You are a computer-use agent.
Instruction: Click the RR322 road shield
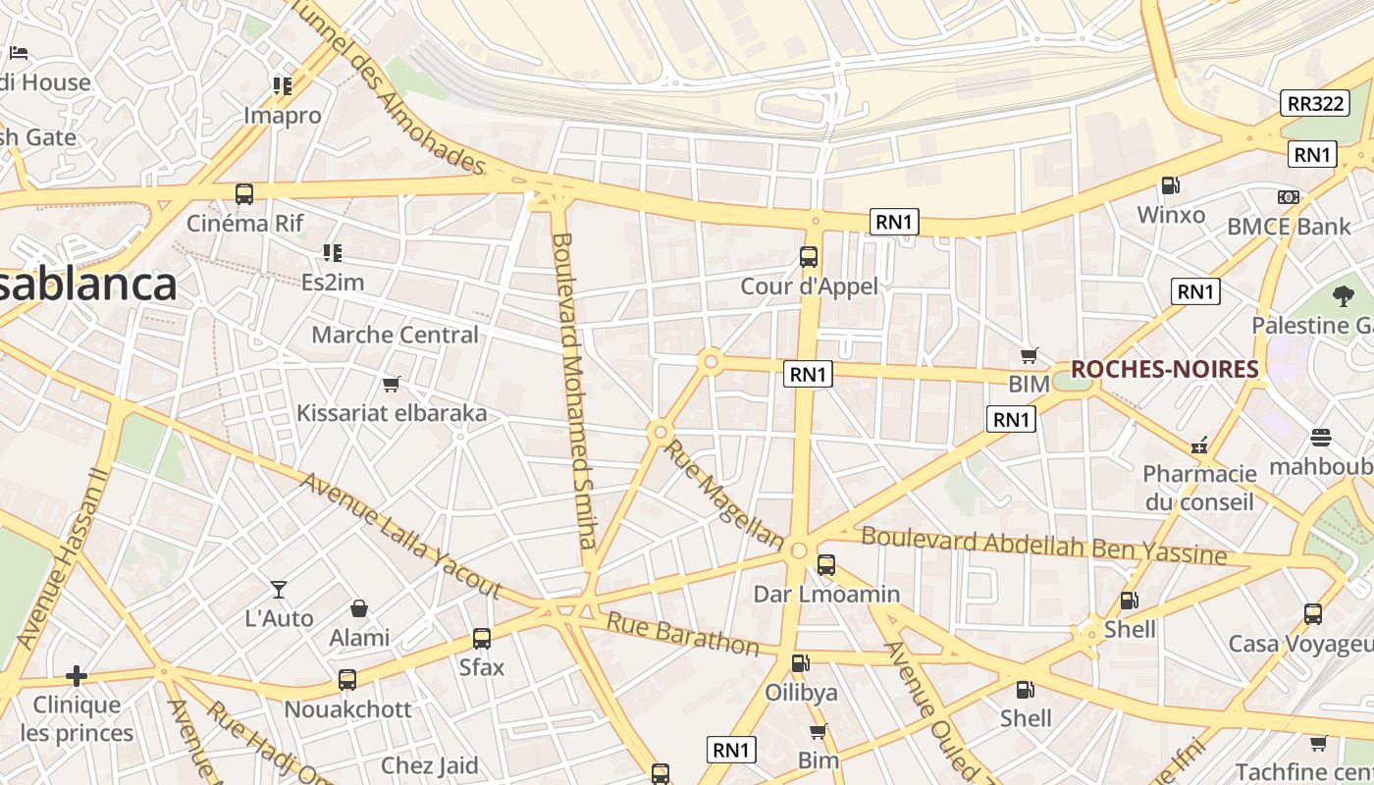click(1315, 103)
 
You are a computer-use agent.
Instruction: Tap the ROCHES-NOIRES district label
click(1164, 369)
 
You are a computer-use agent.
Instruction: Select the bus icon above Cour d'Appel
click(809, 257)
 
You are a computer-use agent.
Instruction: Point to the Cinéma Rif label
click(245, 223)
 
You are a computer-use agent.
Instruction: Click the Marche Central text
click(395, 335)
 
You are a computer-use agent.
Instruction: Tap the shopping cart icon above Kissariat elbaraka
click(392, 384)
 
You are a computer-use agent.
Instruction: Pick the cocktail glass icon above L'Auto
click(280, 589)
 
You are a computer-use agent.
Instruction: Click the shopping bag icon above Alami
click(359, 608)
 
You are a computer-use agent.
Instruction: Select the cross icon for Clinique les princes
click(77, 675)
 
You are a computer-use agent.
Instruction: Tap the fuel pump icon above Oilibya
click(801, 663)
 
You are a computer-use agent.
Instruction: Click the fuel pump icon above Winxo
click(1170, 184)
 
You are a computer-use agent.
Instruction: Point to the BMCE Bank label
click(1289, 227)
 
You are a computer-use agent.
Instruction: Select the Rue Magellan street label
click(724, 495)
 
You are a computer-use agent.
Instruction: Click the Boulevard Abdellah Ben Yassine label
click(1043, 546)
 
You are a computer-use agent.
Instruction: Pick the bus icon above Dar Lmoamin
click(826, 564)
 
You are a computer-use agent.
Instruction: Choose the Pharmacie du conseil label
click(1199, 488)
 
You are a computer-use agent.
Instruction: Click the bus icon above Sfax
click(482, 639)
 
